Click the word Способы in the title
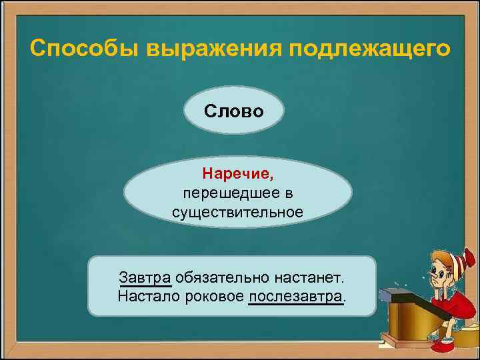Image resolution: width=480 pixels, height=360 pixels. point(82,49)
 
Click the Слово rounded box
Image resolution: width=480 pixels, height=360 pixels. point(234,110)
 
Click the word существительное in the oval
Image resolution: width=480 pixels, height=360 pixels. point(237,212)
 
